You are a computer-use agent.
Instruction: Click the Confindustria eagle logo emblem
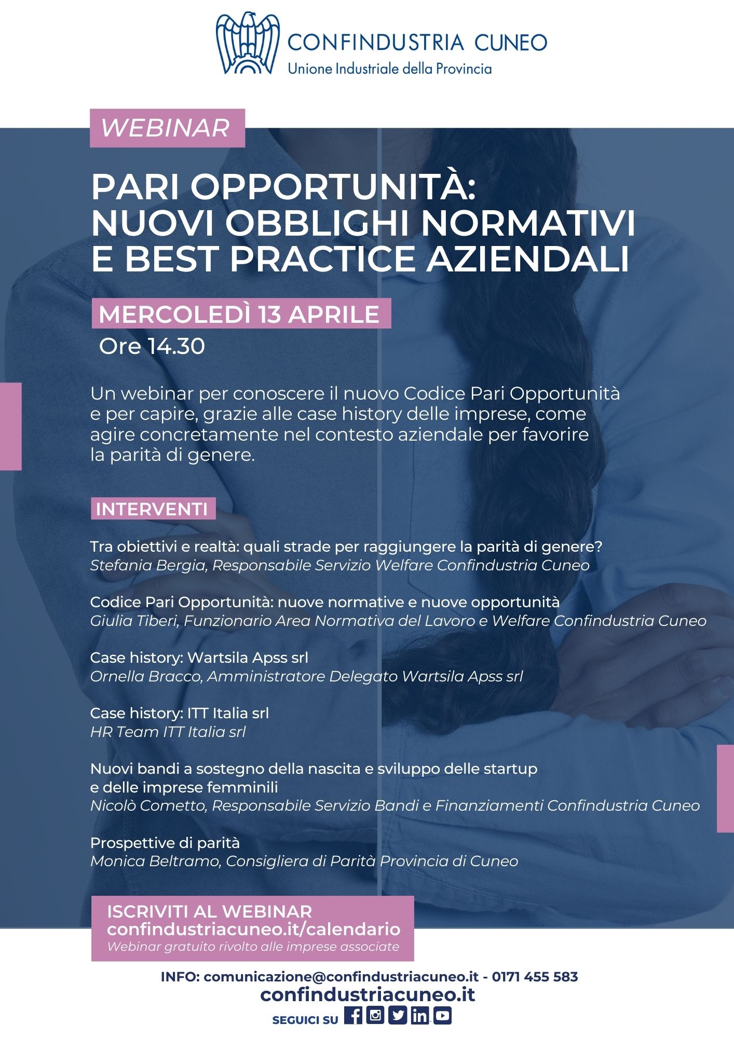pos(248,43)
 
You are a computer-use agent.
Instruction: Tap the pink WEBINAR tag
pos(167,128)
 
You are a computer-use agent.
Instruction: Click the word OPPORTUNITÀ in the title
pos(333,187)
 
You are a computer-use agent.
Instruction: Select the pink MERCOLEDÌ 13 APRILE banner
pos(241,314)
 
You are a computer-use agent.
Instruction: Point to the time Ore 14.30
pos(152,346)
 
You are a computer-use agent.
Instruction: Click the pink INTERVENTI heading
pos(153,509)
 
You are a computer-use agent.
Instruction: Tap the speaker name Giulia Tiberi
pos(134,621)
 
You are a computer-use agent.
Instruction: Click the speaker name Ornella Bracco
pos(146,676)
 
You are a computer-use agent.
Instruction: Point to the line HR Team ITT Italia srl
pos(168,732)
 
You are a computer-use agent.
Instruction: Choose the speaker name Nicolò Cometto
pos(148,805)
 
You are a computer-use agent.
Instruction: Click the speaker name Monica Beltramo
pos(156,861)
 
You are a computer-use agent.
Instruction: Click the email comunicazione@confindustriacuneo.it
pos(341,977)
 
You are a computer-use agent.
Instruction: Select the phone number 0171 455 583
pos(535,977)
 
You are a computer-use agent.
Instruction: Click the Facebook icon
pos(353,1015)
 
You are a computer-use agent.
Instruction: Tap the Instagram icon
pos(375,1015)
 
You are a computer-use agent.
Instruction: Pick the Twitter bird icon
pos(398,1015)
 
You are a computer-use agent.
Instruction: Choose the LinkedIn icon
pos(420,1015)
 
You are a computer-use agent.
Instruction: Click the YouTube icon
pos(442,1015)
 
